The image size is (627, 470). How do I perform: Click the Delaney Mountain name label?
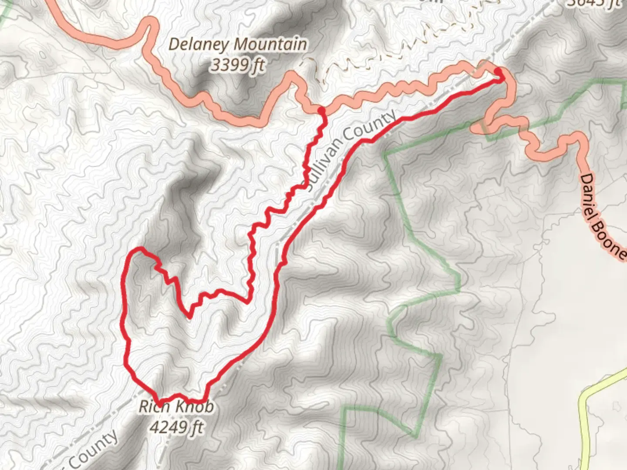click(237, 45)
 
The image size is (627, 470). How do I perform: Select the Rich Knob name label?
click(176, 407)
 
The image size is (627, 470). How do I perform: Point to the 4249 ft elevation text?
click(176, 427)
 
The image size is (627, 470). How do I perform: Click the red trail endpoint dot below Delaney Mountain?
click(321, 111)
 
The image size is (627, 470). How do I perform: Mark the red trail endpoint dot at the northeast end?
click(498, 71)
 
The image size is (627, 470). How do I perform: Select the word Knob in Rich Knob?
click(195, 407)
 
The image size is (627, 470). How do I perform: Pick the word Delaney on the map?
click(200, 45)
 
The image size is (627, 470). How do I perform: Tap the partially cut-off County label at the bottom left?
click(94, 450)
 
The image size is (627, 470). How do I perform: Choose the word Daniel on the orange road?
click(594, 198)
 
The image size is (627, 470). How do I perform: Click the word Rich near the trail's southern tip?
click(150, 407)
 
